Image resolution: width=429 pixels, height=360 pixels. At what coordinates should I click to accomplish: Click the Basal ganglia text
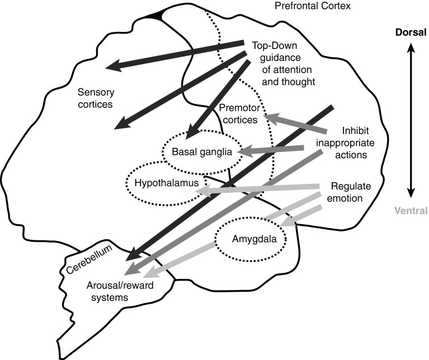pos(202,151)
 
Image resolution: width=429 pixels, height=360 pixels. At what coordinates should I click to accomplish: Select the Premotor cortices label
pos(239,113)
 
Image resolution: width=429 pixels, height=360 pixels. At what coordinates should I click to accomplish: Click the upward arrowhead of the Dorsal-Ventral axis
pos(411,49)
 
